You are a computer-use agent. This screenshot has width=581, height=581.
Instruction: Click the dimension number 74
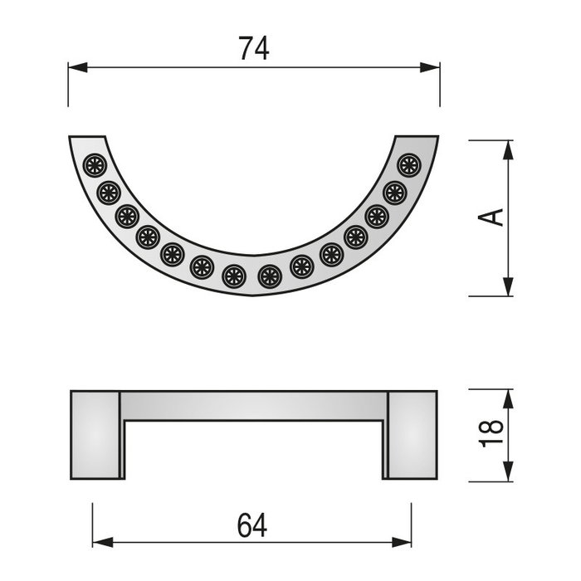pos(254,49)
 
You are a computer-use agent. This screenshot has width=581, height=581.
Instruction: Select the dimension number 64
pos(253,525)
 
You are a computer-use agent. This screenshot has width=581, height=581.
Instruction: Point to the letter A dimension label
pos(492,217)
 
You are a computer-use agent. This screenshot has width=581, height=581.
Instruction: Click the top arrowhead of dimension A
pos(505,148)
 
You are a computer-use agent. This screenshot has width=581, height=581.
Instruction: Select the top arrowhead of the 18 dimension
pos(505,396)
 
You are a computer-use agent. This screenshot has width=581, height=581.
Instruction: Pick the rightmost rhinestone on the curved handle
pos(408,165)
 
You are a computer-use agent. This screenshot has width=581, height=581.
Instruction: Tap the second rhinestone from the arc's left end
pos(109,193)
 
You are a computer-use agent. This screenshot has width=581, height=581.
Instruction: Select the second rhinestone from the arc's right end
pos(394,193)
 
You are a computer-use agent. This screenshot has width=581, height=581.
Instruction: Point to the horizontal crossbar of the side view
pos(253,405)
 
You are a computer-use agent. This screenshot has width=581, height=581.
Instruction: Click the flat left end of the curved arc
pos(87,137)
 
